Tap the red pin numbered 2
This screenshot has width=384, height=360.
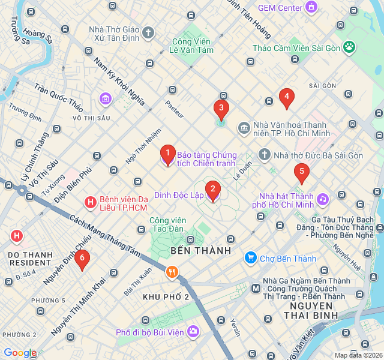point(212,190)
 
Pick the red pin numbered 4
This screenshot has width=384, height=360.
point(287,97)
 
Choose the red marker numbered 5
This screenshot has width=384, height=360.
point(301,173)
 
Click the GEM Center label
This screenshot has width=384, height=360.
point(280,8)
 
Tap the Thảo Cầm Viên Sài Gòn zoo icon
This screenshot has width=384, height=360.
point(349,47)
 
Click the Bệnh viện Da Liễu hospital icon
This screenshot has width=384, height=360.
point(90,203)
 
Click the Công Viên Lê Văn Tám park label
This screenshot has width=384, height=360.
point(192,46)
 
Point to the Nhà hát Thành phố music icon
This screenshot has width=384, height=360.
point(323,199)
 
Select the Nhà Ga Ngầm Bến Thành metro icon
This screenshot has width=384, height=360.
point(256,289)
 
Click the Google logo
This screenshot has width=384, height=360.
point(20,353)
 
